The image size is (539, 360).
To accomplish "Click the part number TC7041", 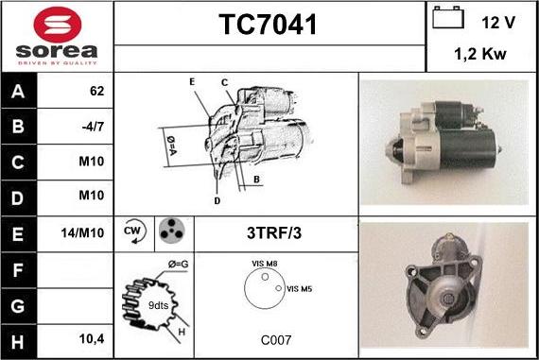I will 269,26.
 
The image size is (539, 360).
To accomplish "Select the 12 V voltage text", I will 497,21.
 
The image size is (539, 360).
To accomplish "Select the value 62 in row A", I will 96,92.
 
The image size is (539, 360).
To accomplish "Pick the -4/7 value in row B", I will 93,127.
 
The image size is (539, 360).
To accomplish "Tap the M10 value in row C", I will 91,162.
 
